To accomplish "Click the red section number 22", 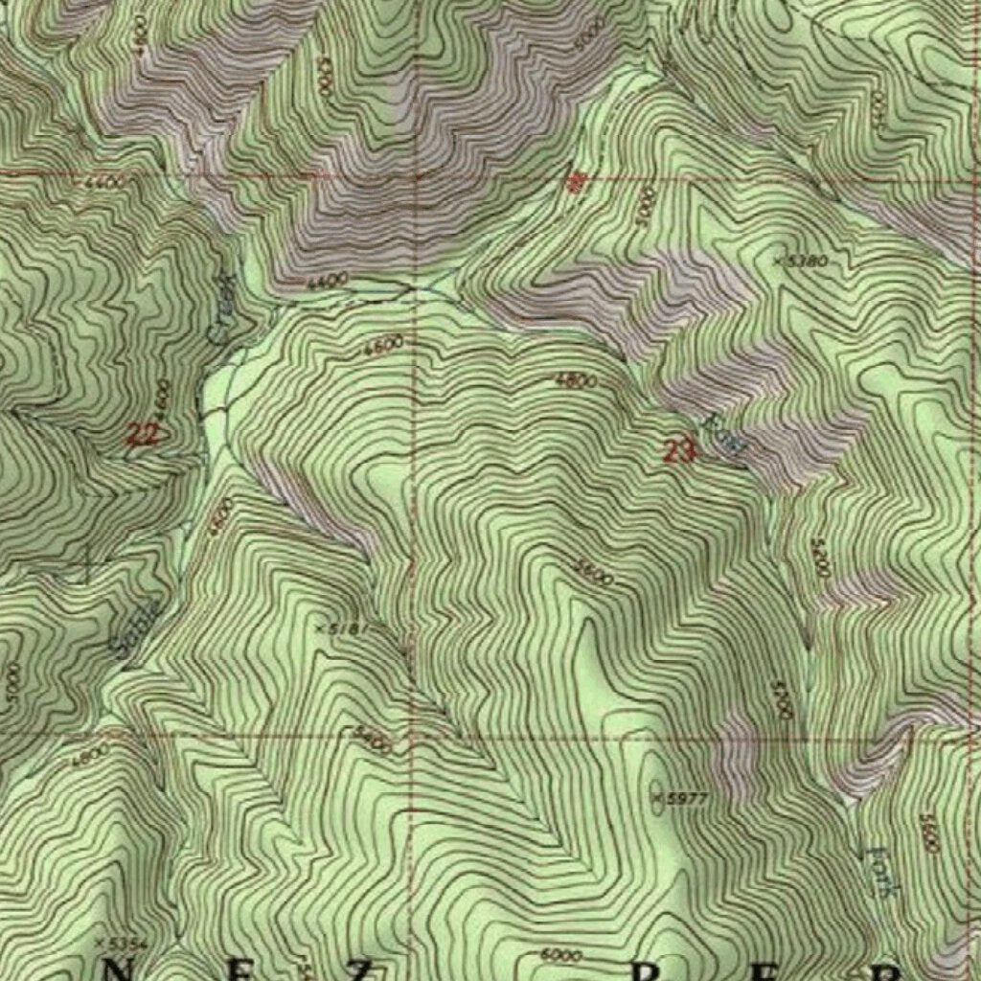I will (143, 434).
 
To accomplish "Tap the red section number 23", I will (678, 450).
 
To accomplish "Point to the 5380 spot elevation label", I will (803, 260).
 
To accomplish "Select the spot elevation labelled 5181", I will (342, 627).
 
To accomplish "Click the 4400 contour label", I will (328, 282).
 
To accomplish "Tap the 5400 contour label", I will (373, 740).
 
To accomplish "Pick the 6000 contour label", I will (560, 955).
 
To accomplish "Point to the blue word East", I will (724, 435).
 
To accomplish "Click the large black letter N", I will (118, 970).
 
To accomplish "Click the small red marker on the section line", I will (575, 182).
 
